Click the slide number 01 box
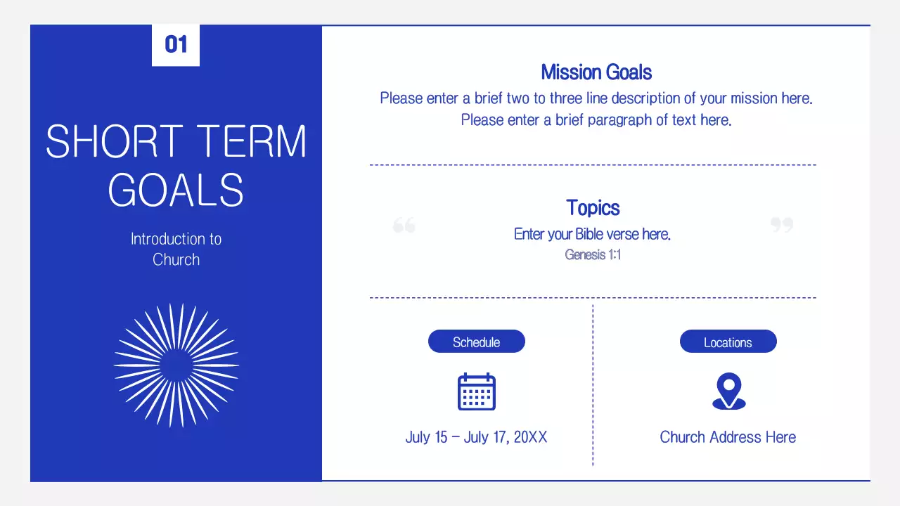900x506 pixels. (176, 45)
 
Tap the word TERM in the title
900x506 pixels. (251, 142)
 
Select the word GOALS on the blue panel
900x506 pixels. (176, 190)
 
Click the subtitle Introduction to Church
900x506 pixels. (176, 249)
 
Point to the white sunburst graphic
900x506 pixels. (176, 365)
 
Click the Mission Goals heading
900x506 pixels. (596, 72)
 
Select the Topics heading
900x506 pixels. (593, 207)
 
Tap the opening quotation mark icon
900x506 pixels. (404, 225)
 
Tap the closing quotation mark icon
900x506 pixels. (781, 225)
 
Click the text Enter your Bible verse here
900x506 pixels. (592, 234)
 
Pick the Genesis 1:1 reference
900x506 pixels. (593, 254)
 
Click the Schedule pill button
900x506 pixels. (476, 342)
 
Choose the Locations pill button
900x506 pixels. (728, 342)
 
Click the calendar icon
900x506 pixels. (477, 391)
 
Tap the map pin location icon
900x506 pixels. (728, 391)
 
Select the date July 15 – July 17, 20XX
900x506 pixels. (476, 437)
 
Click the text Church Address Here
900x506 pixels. (728, 437)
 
